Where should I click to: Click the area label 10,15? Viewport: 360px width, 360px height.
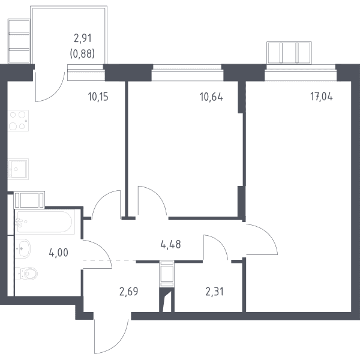(x=98, y=97)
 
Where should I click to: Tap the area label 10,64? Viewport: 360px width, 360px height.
(x=211, y=97)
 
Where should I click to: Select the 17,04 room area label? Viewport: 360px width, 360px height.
(x=322, y=97)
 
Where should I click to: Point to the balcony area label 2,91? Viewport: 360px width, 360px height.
(x=83, y=38)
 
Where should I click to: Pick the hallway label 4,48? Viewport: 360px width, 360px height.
(x=170, y=245)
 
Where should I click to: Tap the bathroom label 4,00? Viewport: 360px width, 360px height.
(x=59, y=253)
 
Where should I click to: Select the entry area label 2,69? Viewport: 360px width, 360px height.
(x=129, y=292)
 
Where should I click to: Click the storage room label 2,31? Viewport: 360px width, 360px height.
(x=214, y=292)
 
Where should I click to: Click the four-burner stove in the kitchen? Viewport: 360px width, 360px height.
(x=18, y=121)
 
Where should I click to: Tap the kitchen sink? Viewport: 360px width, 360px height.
(x=18, y=169)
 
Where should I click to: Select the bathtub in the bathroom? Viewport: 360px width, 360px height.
(x=45, y=221)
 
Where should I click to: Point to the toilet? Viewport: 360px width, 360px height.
(x=26, y=274)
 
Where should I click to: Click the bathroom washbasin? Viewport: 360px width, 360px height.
(x=23, y=248)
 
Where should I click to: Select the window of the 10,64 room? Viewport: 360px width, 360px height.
(x=187, y=73)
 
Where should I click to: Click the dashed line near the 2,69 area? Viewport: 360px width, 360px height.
(x=110, y=260)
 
